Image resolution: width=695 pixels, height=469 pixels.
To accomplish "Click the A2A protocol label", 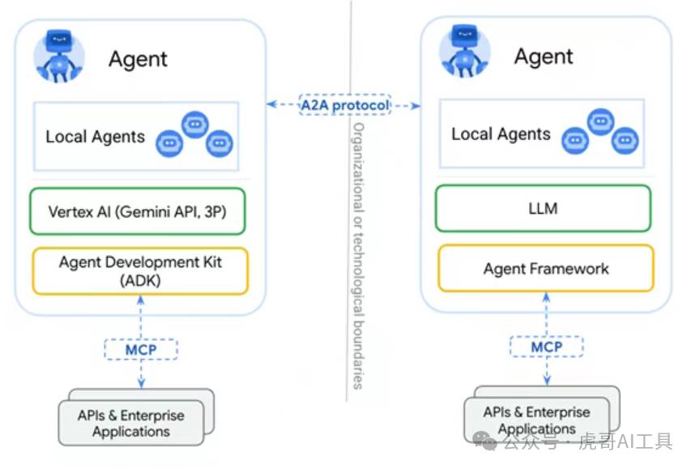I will tap(343, 104).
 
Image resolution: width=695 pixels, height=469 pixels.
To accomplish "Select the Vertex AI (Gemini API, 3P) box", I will tap(136, 212).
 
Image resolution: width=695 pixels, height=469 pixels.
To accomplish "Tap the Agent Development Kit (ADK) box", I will tap(140, 271).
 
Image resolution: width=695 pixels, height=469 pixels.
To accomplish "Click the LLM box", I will tap(543, 209).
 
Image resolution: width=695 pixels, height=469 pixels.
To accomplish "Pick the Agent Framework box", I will tap(545, 268).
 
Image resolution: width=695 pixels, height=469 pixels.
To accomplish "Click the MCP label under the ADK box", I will tap(141, 350).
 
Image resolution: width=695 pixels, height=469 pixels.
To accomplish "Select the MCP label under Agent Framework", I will tap(546, 347).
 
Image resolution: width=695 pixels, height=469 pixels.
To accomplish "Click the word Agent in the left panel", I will tap(138, 59).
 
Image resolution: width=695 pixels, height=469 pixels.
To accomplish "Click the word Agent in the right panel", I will tap(544, 57).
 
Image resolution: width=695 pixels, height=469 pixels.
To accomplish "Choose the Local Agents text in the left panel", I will tap(95, 137).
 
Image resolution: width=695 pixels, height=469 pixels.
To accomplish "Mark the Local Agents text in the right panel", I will tap(501, 134).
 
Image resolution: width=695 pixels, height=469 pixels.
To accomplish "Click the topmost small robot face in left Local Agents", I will tap(195, 124).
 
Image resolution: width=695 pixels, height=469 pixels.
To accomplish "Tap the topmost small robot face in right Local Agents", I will tap(600, 122).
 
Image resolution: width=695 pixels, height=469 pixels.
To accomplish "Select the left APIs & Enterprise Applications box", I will tap(131, 423).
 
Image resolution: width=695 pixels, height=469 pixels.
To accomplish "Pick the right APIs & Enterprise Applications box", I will tap(536, 420).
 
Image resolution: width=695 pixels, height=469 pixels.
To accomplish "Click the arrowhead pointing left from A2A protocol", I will tap(271, 104).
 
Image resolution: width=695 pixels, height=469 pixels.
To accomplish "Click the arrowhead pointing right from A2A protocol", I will tap(416, 105).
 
